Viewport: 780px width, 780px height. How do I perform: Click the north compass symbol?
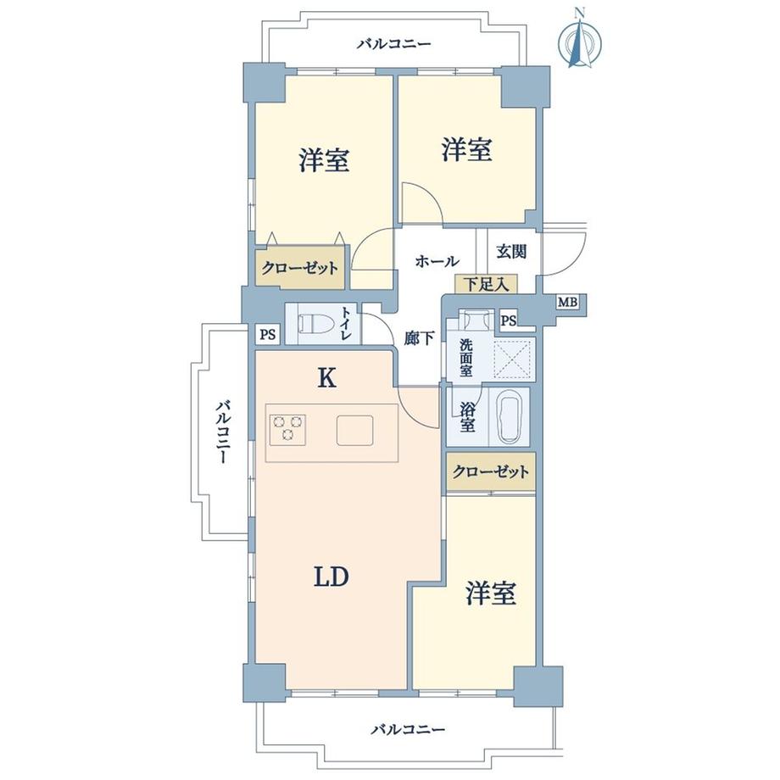click(x=580, y=42)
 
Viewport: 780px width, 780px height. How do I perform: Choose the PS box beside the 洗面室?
click(x=508, y=320)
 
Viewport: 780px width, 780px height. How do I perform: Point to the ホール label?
click(x=437, y=261)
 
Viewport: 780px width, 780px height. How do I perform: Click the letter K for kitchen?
click(x=326, y=379)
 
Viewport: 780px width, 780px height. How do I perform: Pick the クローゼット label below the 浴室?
click(x=491, y=471)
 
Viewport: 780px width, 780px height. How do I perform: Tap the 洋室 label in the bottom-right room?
click(x=491, y=594)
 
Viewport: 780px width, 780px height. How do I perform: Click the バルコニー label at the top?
click(x=393, y=43)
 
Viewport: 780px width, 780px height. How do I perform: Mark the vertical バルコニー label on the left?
click(x=222, y=432)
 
